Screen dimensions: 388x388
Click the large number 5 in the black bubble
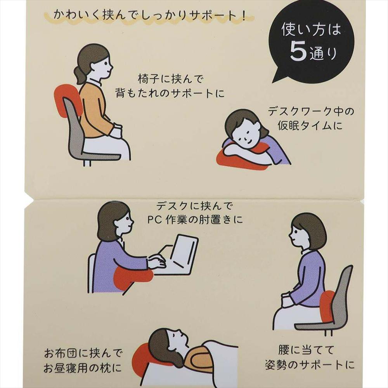(298, 51)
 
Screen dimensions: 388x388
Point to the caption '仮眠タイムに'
(310, 126)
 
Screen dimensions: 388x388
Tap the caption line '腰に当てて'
(306, 350)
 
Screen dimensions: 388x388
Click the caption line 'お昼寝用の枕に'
(83, 368)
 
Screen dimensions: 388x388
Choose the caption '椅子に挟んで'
(170, 79)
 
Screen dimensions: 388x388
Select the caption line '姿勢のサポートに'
(310, 365)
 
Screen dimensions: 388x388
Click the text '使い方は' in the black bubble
(311, 29)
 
